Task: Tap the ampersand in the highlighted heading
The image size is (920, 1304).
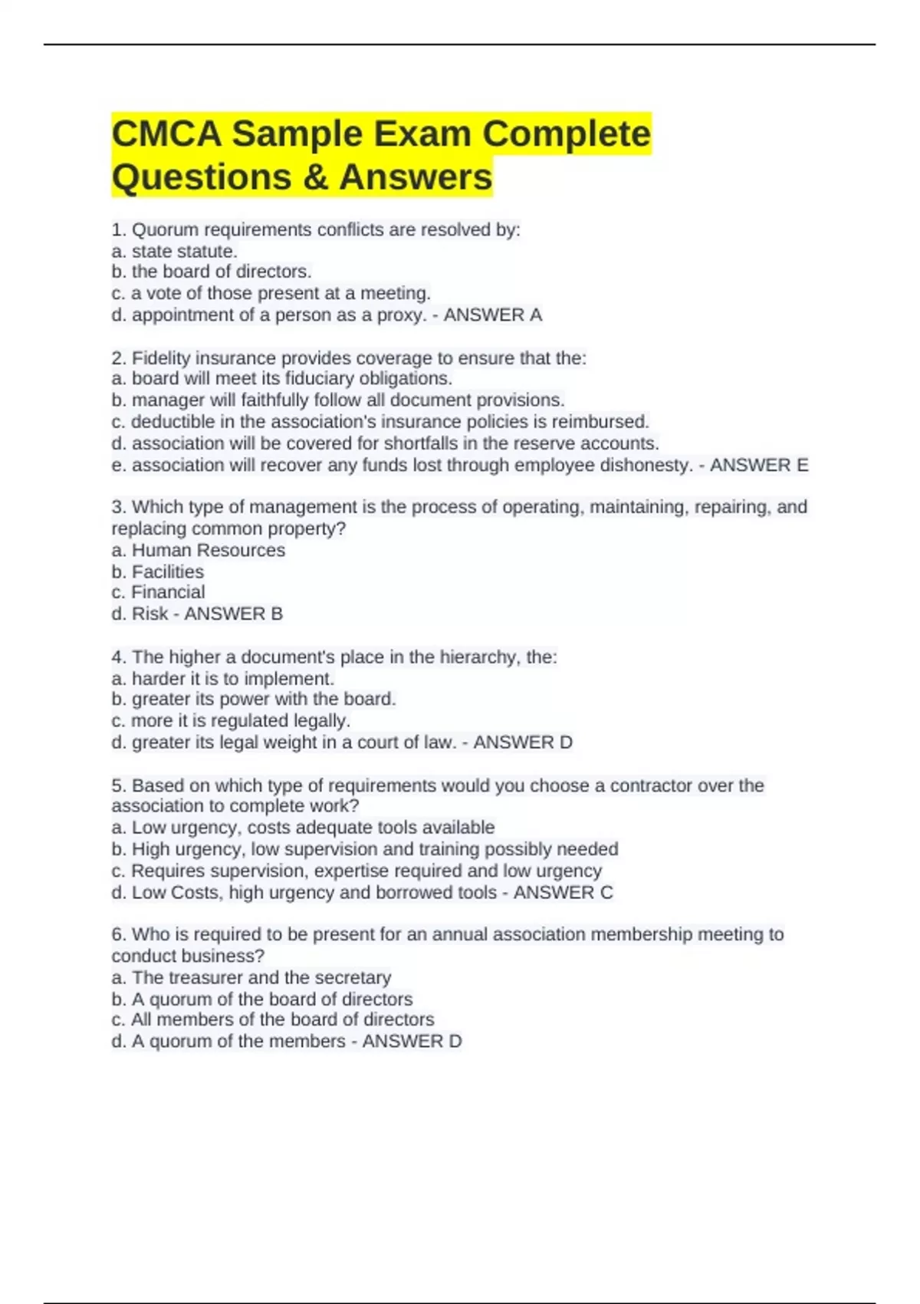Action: tap(314, 177)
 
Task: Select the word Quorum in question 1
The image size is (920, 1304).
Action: tap(165, 230)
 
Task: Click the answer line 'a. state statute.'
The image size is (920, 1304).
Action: tap(174, 252)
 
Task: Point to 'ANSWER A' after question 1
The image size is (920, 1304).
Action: tap(492, 315)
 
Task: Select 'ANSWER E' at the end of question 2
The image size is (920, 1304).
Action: tap(759, 466)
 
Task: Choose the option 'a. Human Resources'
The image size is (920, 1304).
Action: tap(198, 551)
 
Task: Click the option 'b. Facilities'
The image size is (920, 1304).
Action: tap(157, 572)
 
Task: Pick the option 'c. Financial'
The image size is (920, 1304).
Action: tap(158, 592)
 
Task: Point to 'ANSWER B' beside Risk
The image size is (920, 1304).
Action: tap(233, 614)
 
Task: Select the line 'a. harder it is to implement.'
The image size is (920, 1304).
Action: tap(222, 679)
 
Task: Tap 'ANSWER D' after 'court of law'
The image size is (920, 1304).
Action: tap(523, 743)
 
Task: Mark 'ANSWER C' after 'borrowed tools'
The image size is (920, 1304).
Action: tap(563, 893)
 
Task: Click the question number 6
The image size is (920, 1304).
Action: tap(117, 935)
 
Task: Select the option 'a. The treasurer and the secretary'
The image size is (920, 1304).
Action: tap(251, 978)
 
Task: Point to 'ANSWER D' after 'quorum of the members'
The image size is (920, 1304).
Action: tap(412, 1042)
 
